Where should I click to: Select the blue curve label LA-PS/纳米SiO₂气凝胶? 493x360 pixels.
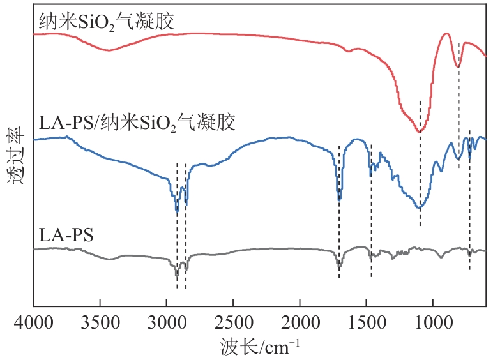coord(137,121)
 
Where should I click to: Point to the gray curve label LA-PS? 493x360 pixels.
coord(66,234)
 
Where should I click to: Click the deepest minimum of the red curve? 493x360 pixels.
coord(420,132)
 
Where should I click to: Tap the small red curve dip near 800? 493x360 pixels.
coord(458,66)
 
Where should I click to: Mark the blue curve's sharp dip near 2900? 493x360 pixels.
coord(177,210)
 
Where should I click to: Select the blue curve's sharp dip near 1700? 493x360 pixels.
coord(339,199)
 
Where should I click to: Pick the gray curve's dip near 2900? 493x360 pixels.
coord(177,275)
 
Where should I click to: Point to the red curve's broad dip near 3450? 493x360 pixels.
coord(110,50)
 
